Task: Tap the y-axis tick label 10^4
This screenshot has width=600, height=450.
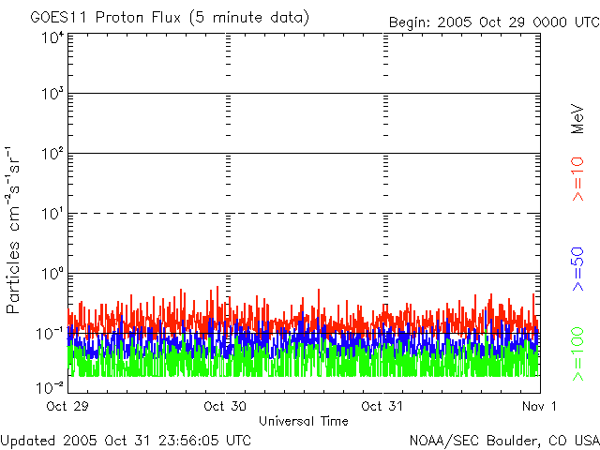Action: (52, 37)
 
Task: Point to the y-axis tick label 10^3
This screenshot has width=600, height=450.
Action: (52, 95)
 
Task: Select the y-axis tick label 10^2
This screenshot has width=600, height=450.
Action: (52, 154)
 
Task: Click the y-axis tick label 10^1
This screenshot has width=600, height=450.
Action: (52, 214)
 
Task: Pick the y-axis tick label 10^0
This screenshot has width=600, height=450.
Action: (52, 274)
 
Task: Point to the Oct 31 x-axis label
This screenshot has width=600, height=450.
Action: (382, 406)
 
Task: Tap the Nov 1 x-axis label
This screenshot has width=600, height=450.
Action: (541, 406)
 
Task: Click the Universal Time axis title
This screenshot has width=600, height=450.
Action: (304, 421)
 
